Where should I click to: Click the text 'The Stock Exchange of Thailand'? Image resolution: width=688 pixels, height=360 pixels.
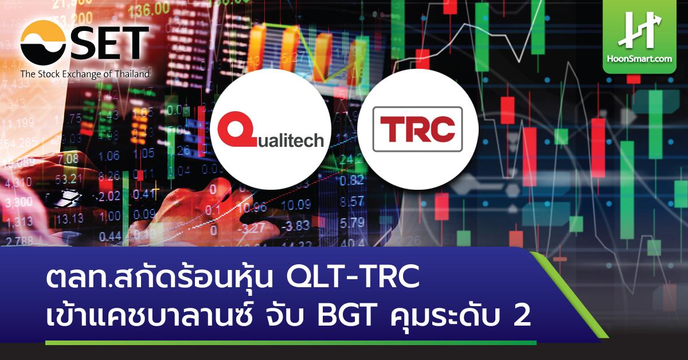pyautogui.click(x=85, y=74)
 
